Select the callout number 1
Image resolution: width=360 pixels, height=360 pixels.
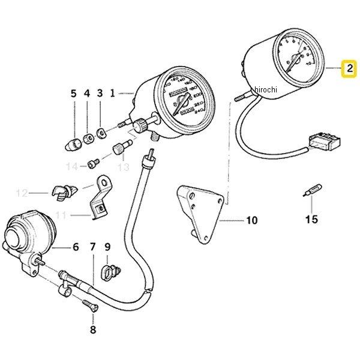[x=112, y=94]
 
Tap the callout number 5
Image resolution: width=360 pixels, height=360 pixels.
[x=74, y=94]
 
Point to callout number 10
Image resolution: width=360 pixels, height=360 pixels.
[x=251, y=221]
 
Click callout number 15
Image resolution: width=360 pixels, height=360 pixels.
[x=311, y=220]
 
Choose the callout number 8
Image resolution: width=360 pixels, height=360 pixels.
[x=92, y=329]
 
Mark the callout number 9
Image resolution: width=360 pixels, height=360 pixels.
[x=107, y=247]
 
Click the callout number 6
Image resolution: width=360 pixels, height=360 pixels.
[x=76, y=247]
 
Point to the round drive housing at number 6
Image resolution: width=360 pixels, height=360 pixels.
[x=27, y=234]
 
